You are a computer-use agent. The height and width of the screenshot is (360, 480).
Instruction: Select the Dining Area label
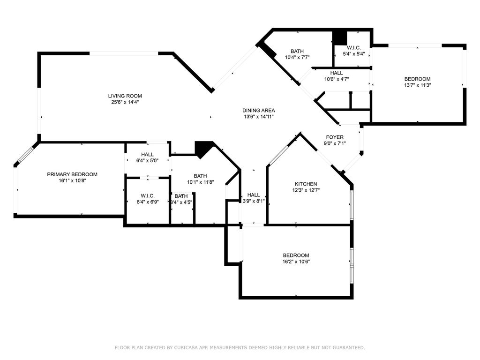click(258, 111)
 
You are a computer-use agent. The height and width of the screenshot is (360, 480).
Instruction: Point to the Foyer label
click(335, 137)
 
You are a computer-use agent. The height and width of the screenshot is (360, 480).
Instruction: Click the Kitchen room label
click(306, 184)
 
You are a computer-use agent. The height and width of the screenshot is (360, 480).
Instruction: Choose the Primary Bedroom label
click(72, 174)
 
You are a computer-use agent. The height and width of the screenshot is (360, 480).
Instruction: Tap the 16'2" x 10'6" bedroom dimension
click(296, 262)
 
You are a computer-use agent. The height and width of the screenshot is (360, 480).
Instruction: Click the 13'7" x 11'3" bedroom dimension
click(417, 85)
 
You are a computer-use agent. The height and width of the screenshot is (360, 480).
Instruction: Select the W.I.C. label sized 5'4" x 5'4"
click(353, 48)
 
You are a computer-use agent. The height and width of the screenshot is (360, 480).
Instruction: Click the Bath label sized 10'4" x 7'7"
click(297, 52)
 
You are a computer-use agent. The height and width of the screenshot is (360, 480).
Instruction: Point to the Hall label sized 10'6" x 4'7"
click(336, 73)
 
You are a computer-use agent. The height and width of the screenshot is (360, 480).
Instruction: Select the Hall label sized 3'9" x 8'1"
click(254, 195)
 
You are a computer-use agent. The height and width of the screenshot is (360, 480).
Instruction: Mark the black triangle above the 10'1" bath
click(202, 149)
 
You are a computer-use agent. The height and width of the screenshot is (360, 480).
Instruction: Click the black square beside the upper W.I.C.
click(338, 37)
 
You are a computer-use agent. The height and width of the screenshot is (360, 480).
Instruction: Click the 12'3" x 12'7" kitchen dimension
click(306, 190)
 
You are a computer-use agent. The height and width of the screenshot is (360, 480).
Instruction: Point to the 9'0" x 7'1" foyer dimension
click(335, 143)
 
